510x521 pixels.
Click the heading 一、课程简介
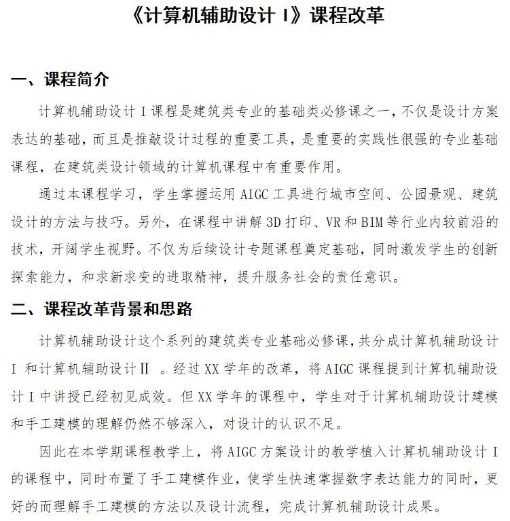(60, 80)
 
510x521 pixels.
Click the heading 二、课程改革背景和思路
(102, 310)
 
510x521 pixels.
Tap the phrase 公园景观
(428, 196)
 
